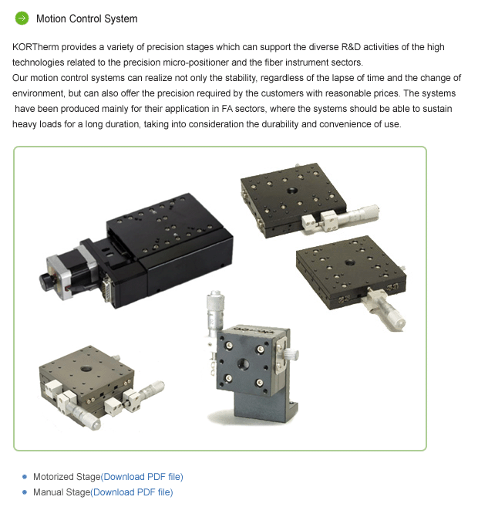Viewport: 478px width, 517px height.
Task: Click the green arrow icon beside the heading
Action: (22, 19)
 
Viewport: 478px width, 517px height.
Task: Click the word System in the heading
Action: (120, 19)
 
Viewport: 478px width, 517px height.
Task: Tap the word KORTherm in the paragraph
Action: (35, 47)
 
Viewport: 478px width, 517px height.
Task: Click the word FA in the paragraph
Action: (227, 109)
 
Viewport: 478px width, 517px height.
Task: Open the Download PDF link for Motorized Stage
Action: (142, 477)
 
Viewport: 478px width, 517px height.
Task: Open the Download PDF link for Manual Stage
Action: (131, 492)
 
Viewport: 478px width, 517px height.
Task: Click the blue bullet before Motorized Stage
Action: (25, 477)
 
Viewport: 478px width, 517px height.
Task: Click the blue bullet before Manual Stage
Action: (25, 492)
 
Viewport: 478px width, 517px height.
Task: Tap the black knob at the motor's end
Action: (46, 282)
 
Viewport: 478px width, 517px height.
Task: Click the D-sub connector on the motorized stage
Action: (106, 288)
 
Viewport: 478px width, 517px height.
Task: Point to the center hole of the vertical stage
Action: (243, 364)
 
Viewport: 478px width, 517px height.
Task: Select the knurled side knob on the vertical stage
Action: (291, 354)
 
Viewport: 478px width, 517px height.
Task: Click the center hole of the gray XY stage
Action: (86, 368)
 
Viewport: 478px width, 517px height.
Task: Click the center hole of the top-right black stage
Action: (292, 191)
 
